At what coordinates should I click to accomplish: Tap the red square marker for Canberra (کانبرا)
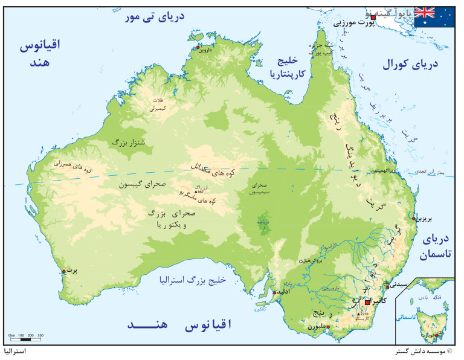point(368,301)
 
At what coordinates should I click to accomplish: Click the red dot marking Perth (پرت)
point(63,272)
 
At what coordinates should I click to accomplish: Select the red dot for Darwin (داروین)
point(197,47)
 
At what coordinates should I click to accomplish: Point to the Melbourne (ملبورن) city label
point(320,327)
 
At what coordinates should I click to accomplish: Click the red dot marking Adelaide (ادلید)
point(275,292)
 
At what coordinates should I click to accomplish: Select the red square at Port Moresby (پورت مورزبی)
point(373,18)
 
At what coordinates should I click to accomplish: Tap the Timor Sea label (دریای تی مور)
point(154,18)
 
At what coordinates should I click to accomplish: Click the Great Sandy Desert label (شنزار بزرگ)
point(128,143)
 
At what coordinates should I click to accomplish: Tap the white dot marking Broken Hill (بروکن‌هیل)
point(301,262)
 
